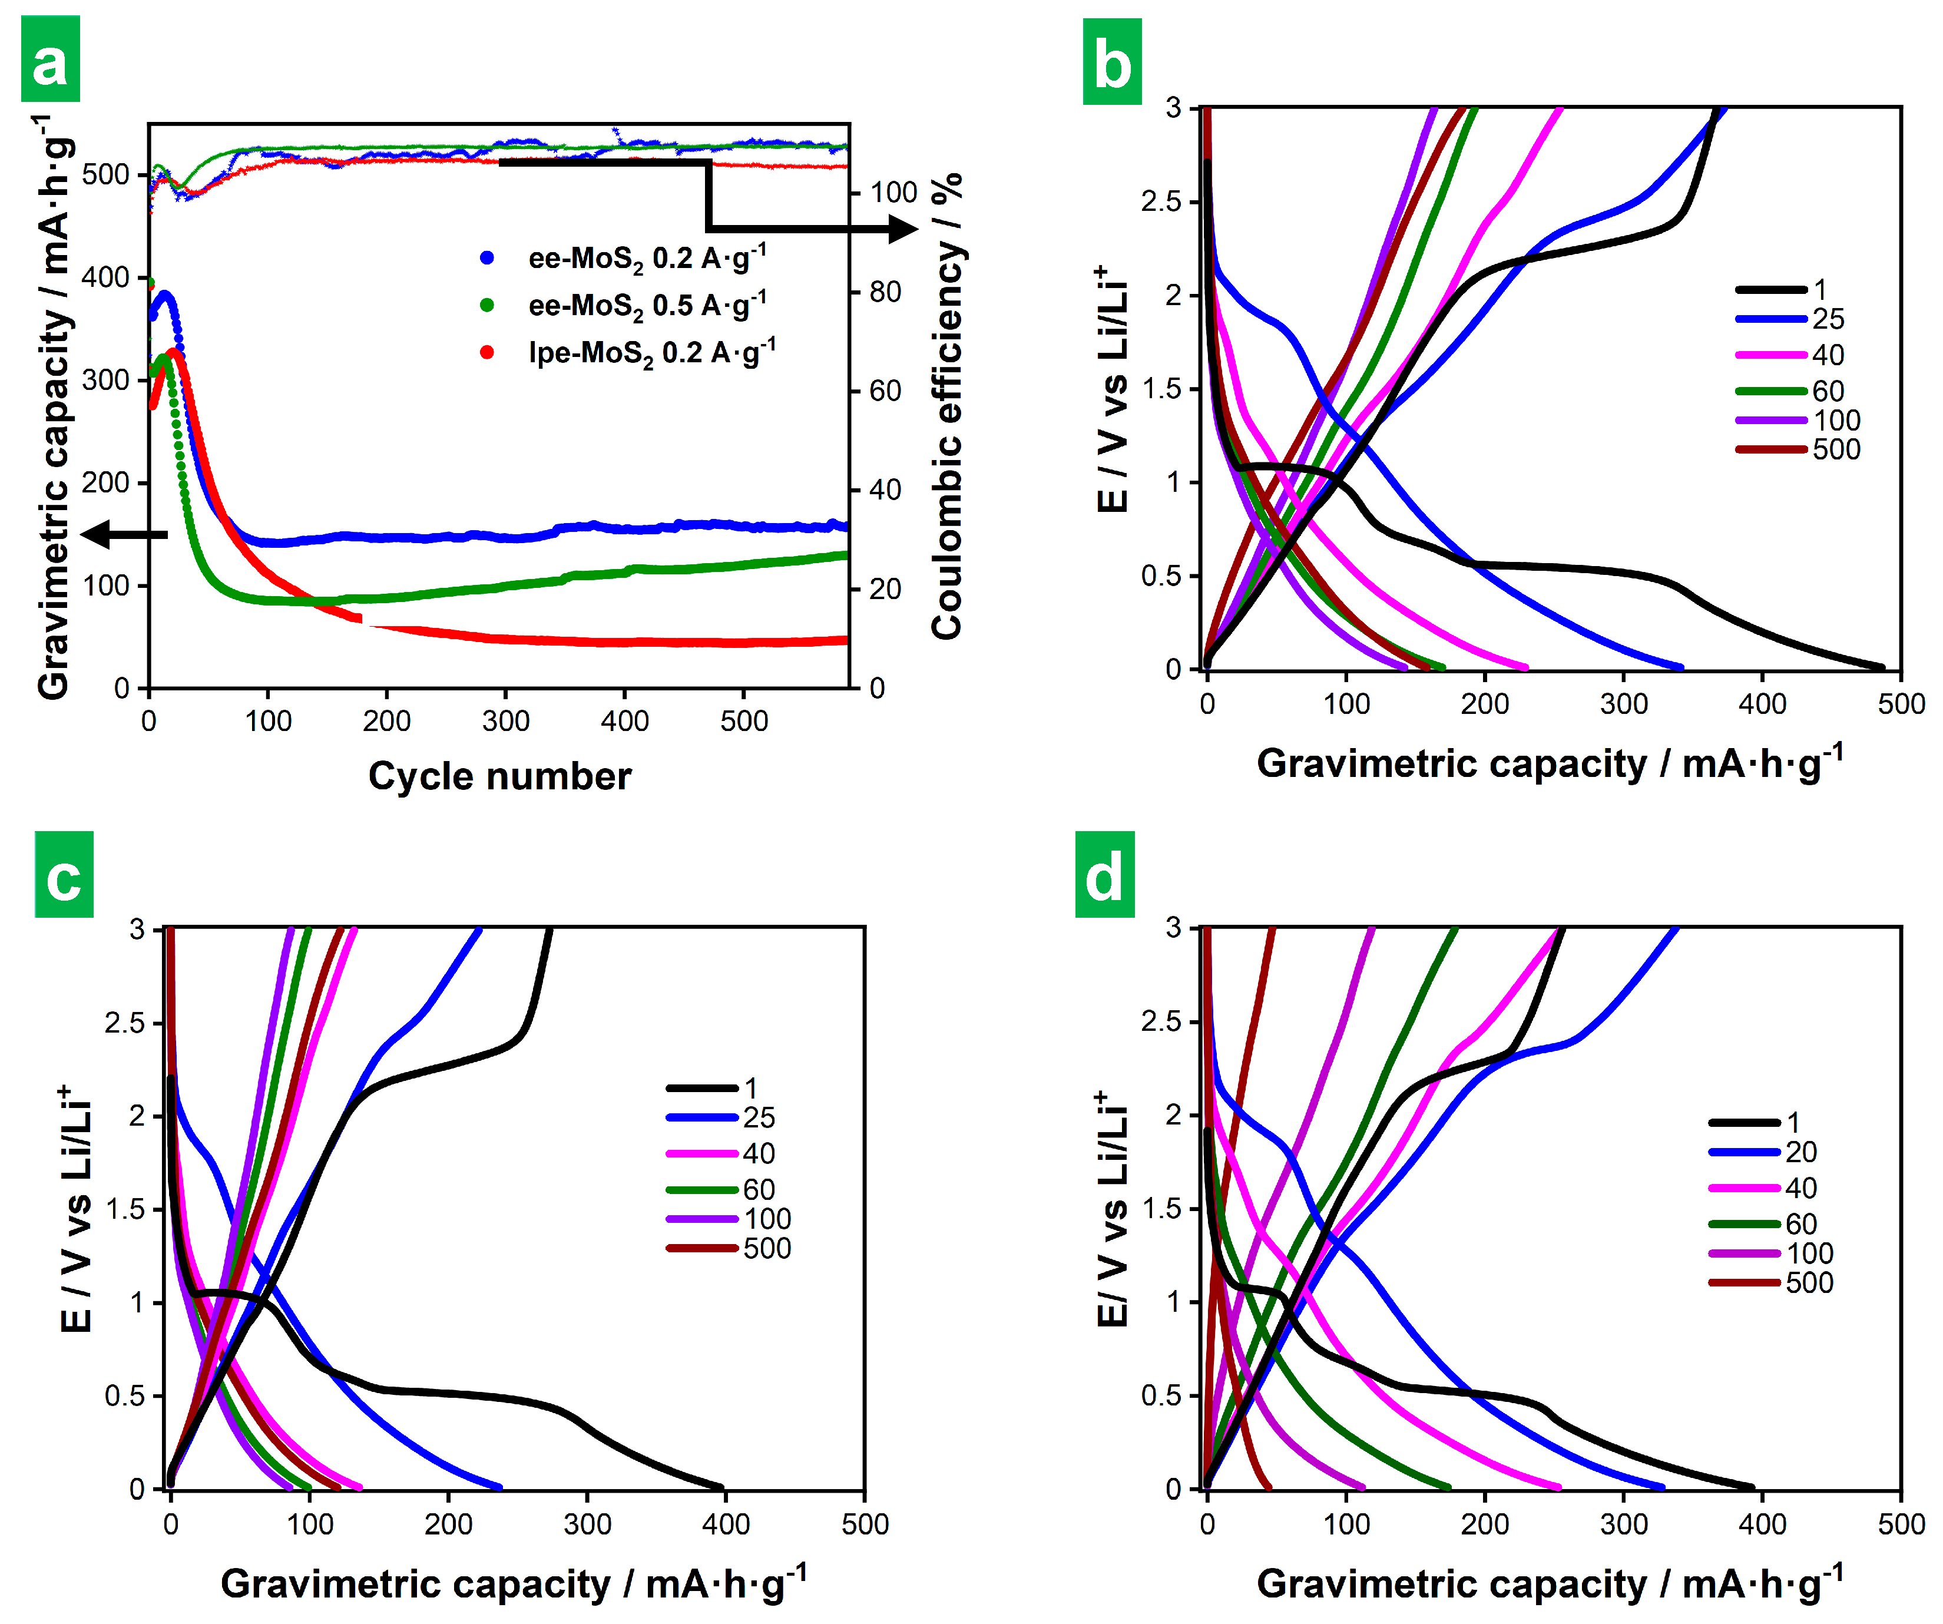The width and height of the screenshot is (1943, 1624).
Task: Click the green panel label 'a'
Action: point(50,59)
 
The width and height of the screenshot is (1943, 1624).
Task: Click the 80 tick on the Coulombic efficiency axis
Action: point(885,292)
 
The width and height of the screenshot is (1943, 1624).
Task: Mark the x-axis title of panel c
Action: point(514,1583)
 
